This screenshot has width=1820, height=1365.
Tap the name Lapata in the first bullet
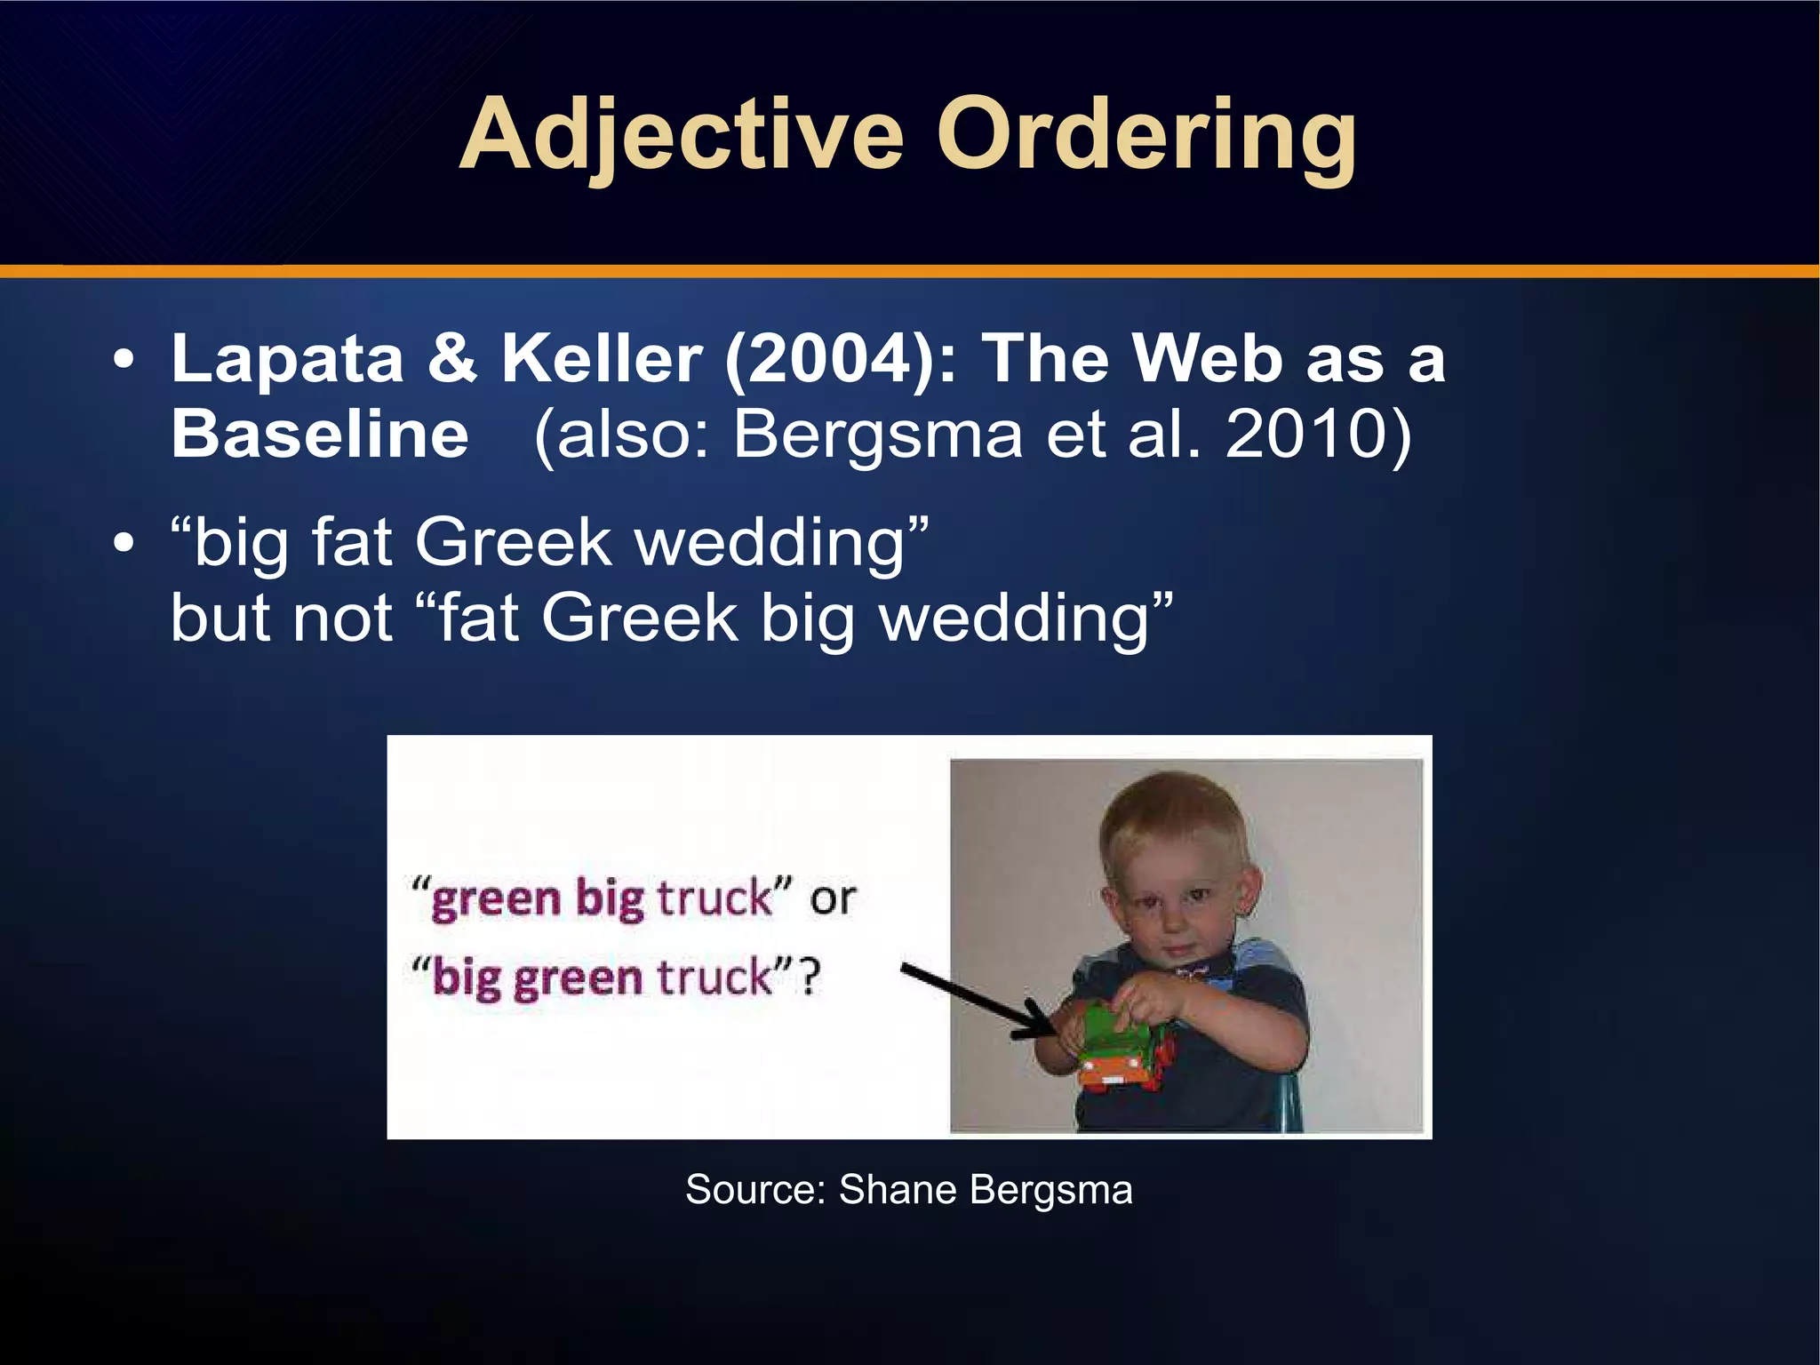point(287,359)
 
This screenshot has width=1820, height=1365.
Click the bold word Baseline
point(320,435)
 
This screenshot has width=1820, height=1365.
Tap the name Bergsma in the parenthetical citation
point(878,435)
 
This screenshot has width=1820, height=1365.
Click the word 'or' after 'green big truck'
point(832,899)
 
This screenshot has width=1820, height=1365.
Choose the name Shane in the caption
point(898,1189)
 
